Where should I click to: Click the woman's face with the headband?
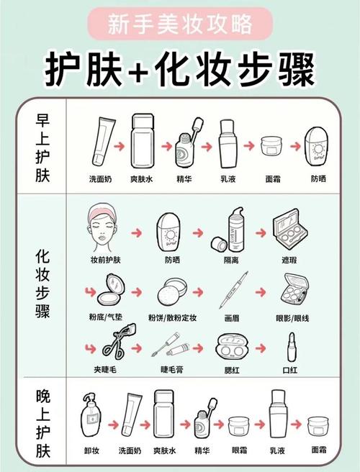[x=105, y=227]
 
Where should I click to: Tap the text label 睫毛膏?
[x=173, y=371]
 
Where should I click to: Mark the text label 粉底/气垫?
[x=105, y=316]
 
